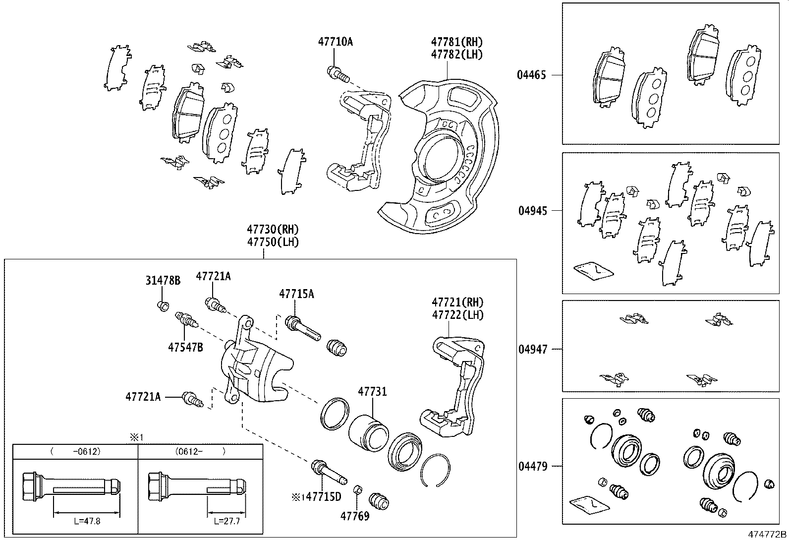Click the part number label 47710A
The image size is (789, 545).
(335, 42)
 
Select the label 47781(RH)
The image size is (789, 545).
(456, 42)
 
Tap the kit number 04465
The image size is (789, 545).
(531, 75)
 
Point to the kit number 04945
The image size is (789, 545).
(533, 211)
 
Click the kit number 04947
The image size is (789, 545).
(533, 349)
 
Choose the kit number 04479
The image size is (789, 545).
(533, 466)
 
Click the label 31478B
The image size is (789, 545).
(163, 281)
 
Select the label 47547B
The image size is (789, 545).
(185, 347)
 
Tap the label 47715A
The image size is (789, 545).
(296, 294)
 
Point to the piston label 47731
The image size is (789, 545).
(372, 392)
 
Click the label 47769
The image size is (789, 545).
(355, 516)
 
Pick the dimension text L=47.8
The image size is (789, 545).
(86, 522)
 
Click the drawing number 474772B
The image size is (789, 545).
(767, 535)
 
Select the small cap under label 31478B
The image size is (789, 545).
(162, 305)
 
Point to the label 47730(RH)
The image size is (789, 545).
(273, 229)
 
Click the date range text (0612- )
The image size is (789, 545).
(200, 452)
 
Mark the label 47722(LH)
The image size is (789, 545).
(457, 314)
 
